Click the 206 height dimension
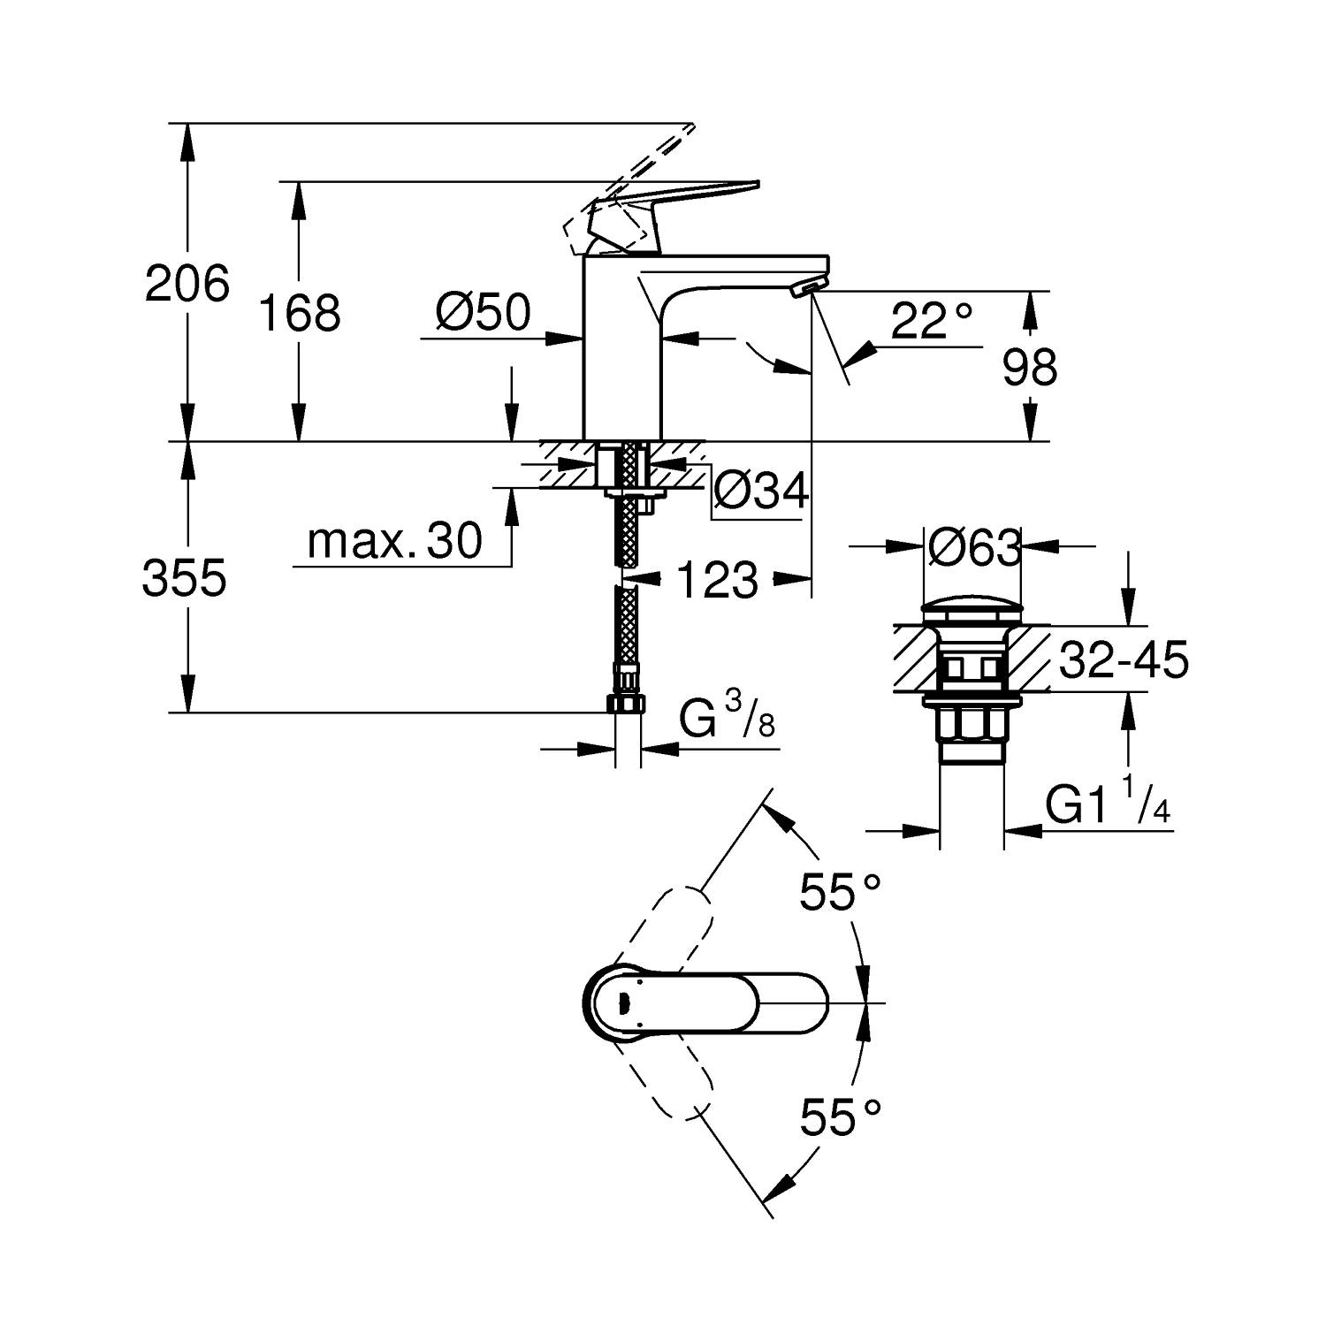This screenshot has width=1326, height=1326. pos(187,284)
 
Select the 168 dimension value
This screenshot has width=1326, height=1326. pos(300,312)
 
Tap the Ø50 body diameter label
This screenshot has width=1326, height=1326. pos(483,312)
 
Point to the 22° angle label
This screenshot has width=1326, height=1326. pos(931,322)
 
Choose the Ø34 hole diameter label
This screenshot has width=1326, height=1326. pos(760,492)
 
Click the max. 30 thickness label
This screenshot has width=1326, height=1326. pos(395,540)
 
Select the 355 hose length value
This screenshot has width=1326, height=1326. pos(185,578)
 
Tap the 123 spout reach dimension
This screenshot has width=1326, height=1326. pos(717,581)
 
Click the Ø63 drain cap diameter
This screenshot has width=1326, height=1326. pos(974,549)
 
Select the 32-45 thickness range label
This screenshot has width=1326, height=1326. pos(1123,660)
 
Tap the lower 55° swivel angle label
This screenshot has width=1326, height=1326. pos(841,1118)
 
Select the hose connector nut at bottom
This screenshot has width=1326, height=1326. pos(627,704)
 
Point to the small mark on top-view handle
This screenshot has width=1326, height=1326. pos(622,1002)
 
